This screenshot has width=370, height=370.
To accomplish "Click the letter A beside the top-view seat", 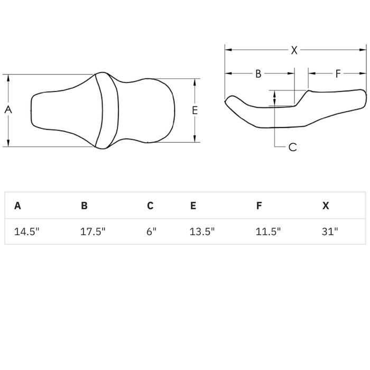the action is (x=8, y=109).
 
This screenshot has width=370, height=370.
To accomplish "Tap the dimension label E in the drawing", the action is (x=195, y=110).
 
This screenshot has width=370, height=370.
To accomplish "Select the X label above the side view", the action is (x=294, y=50).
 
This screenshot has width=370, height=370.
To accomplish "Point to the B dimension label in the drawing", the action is (x=258, y=73).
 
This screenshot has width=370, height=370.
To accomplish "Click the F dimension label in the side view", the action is (x=338, y=73).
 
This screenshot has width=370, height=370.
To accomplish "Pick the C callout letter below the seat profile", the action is (x=293, y=147).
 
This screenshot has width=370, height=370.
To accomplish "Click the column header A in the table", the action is (x=17, y=206).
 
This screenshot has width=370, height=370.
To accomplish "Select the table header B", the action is (x=84, y=206).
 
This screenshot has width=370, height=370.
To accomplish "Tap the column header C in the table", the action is (x=150, y=206).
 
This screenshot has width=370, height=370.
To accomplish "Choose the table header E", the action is (x=193, y=206).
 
